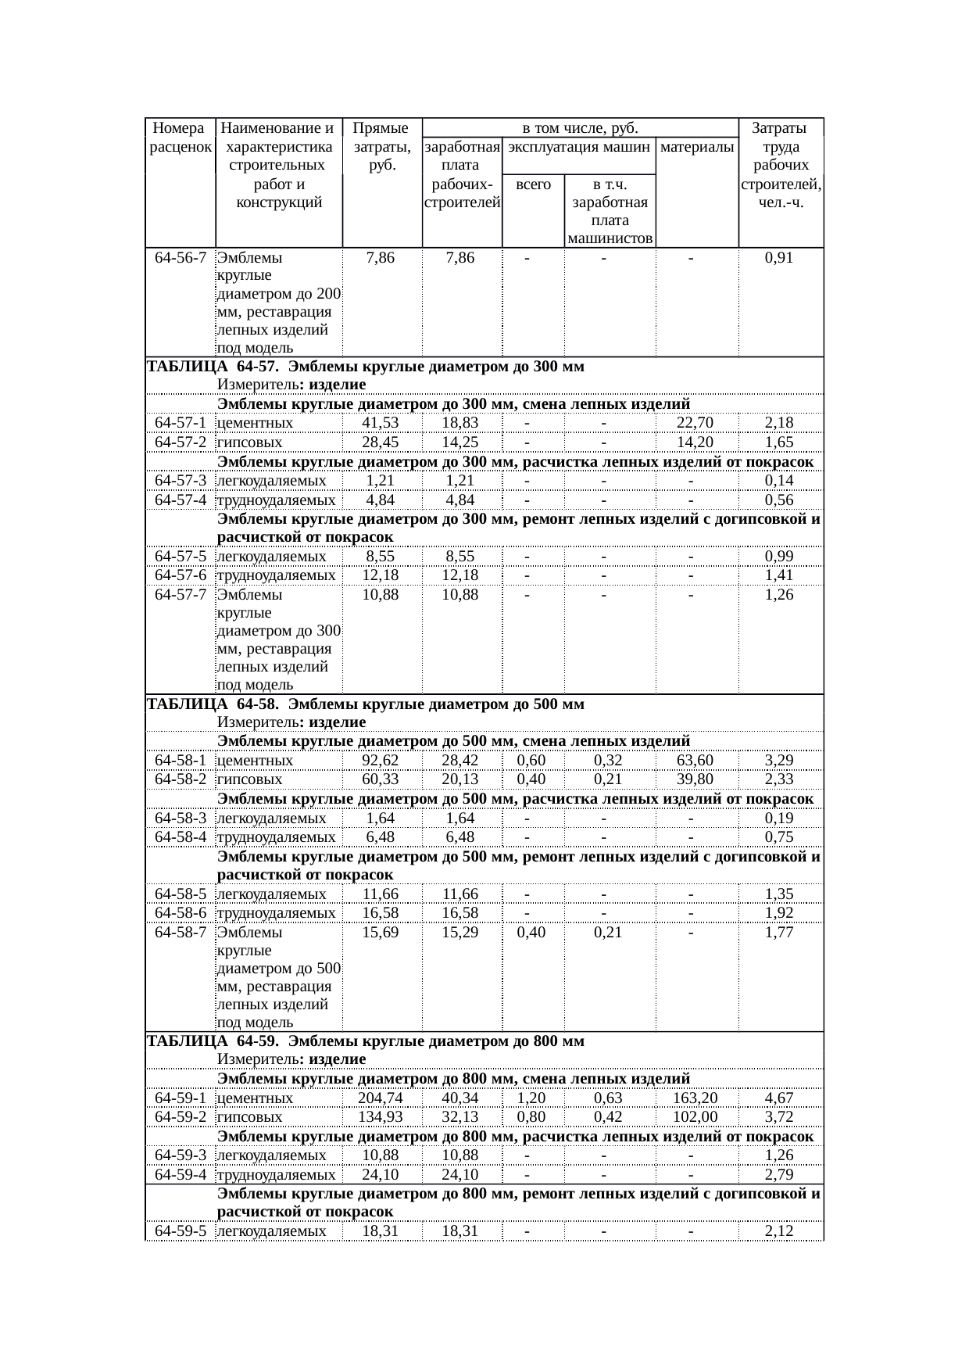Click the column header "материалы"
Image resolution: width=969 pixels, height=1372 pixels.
(x=696, y=147)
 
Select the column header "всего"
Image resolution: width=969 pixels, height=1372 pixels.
(x=533, y=185)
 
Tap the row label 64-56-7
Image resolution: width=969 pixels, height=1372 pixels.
(x=181, y=257)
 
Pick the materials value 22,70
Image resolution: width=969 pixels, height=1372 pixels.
(x=695, y=423)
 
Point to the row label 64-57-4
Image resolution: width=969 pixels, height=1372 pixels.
(x=181, y=500)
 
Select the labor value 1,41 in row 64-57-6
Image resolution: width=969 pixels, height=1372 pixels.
(x=779, y=575)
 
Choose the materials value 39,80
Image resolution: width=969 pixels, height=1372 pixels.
(x=695, y=779)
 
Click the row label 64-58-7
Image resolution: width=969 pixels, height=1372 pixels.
(x=181, y=933)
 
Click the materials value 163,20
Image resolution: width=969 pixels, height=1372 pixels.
(x=695, y=1098)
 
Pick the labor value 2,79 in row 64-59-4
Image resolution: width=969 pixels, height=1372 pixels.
(x=779, y=1175)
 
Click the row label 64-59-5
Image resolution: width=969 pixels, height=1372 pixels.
(x=181, y=1231)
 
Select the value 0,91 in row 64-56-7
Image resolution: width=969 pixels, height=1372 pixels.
(x=779, y=257)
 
